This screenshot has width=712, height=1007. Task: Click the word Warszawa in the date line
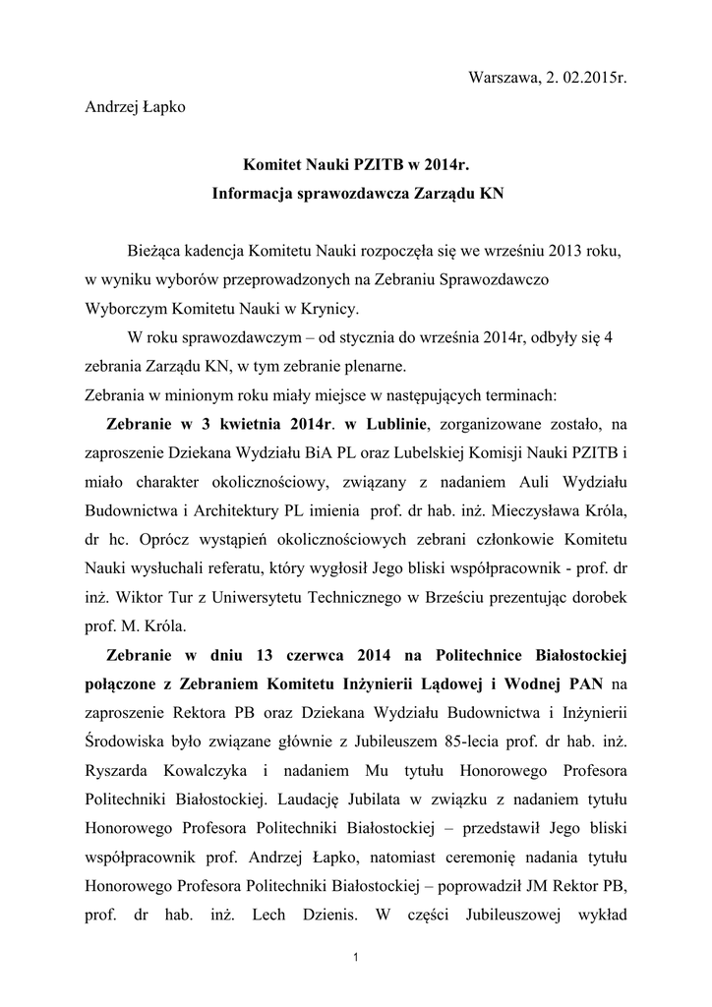click(499, 78)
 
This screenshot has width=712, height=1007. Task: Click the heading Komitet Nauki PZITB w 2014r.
click(357, 164)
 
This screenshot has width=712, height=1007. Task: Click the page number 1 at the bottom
click(356, 958)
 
